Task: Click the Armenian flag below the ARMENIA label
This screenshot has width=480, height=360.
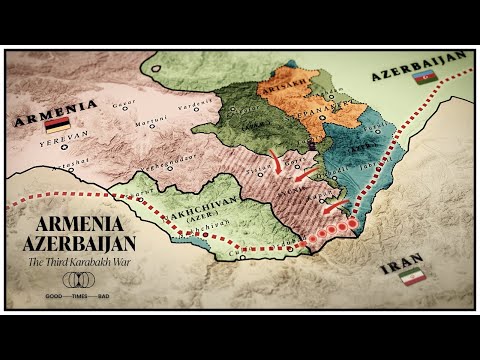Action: click(x=57, y=124)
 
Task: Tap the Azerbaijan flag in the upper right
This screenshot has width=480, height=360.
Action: click(x=425, y=77)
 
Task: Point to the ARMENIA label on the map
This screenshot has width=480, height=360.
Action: click(x=55, y=107)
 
